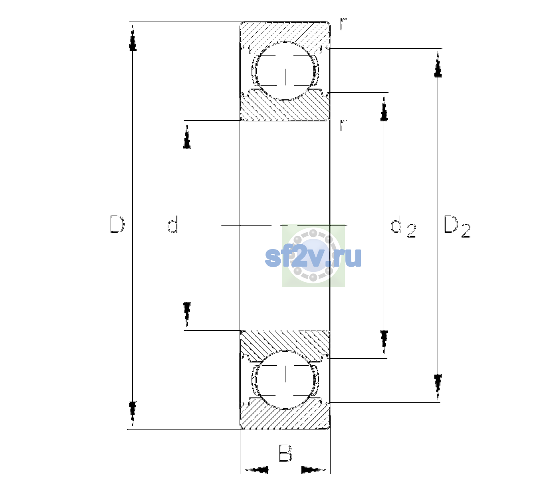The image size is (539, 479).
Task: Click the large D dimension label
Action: coord(117,224)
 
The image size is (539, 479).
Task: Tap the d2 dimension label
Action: coord(403,226)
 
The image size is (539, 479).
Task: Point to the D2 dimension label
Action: coord(457,226)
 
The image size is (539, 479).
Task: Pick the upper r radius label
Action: coord(343,24)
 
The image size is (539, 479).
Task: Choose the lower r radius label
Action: coord(343,125)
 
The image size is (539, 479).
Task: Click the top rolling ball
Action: coord(285,71)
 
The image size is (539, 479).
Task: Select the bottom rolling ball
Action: coord(285,379)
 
